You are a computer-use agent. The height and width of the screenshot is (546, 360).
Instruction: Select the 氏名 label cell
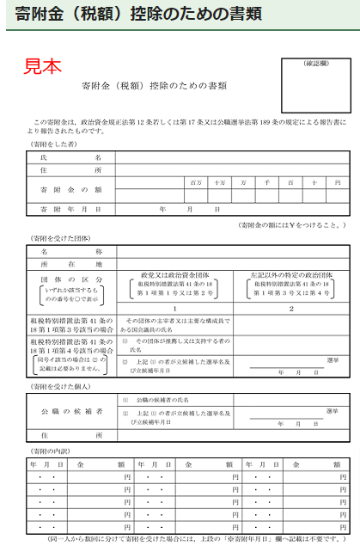point(71,157)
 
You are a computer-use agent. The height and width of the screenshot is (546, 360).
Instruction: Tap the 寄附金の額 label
point(71,189)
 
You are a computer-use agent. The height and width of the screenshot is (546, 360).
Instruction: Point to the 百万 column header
point(196,182)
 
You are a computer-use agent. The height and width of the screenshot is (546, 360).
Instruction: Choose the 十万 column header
point(220,182)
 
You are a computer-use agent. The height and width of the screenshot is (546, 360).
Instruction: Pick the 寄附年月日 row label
point(71,209)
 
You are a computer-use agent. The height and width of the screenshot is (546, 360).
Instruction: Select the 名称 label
point(71,251)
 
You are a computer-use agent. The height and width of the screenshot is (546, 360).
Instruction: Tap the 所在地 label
point(71,264)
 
